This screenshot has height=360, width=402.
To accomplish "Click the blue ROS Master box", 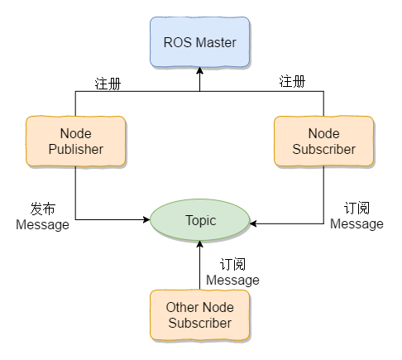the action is point(199,42).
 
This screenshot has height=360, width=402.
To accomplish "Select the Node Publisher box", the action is point(76,142).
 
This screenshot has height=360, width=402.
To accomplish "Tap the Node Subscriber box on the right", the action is point(323,142).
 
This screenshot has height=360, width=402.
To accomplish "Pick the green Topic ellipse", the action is point(200,220).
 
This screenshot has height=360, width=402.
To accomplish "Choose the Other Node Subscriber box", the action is point(200,314).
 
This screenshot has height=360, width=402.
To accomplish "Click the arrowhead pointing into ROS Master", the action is point(199,70).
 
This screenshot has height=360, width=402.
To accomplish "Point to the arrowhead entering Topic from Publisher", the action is point(146,219).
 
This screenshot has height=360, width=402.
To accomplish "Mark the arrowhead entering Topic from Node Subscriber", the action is point(253,223).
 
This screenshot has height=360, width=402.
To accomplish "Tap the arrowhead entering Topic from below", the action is point(200,244).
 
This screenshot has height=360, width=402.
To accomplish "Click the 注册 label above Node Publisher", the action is point(108,84).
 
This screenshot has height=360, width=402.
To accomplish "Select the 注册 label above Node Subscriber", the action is point(292,81).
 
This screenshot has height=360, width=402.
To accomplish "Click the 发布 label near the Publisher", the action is point(43,209).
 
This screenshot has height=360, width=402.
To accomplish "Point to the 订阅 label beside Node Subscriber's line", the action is point(357,208).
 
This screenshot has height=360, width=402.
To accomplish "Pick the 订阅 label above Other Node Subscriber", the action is point(232,264).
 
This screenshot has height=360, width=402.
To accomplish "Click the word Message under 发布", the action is point(42,225).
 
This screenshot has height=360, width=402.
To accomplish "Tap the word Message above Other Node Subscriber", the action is point(232,281).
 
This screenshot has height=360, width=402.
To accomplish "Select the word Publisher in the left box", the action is point(76,149).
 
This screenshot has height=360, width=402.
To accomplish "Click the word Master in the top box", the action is point(216,42).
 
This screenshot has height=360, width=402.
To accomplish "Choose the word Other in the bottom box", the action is point(182,307).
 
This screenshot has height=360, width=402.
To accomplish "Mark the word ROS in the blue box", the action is point(178,42).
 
